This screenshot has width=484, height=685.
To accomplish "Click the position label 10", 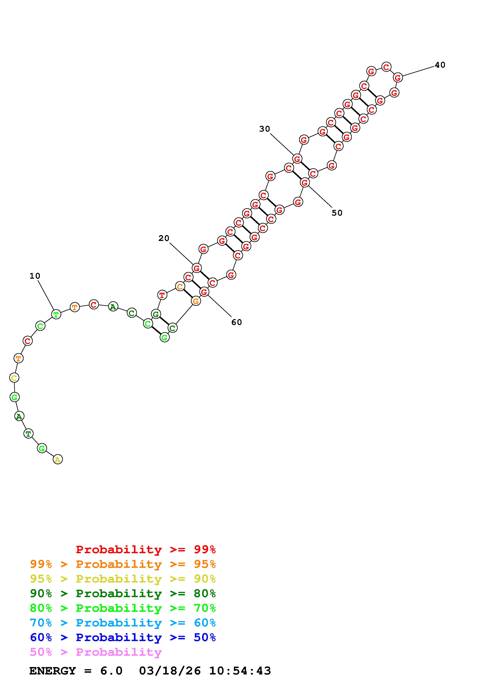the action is (35, 276).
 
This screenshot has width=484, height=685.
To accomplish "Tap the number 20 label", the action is (164, 238).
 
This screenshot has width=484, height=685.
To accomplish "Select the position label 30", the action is (265, 129).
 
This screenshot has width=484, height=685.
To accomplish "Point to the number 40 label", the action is (440, 65).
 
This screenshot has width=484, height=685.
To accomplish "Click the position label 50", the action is (337, 213).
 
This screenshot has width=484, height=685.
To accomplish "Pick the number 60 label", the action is (236, 322).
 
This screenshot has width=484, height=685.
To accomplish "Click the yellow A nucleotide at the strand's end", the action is (58, 459).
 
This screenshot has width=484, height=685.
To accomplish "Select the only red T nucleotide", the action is (162, 295).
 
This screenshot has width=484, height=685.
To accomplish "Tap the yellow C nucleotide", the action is (14, 378).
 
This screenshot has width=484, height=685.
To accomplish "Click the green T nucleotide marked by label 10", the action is (56, 314).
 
